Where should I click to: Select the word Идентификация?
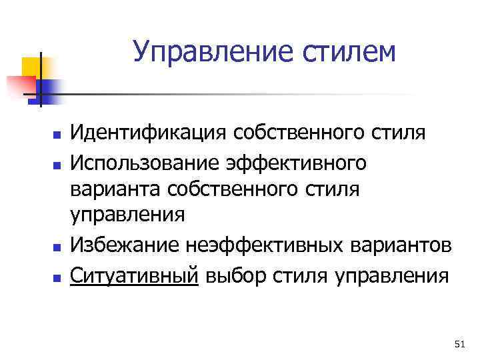(x=151, y=133)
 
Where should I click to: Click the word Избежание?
(x=125, y=246)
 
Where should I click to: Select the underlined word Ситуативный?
(x=135, y=274)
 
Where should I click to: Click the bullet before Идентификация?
(x=58, y=135)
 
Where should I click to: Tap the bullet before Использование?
(x=58, y=163)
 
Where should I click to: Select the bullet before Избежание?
(x=58, y=247)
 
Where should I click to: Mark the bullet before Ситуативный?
(x=58, y=275)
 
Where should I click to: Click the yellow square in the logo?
(x=31, y=67)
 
